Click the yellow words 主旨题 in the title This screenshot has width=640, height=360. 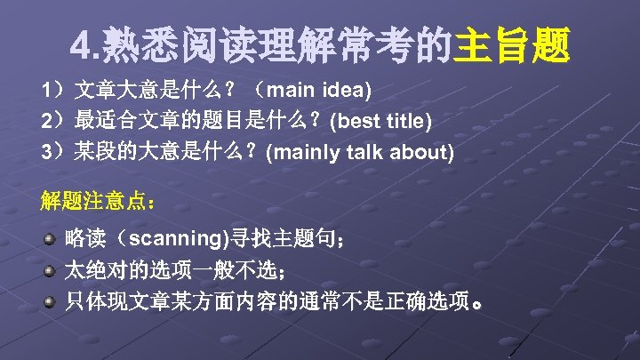click(x=512, y=45)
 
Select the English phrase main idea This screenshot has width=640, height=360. click(x=316, y=91)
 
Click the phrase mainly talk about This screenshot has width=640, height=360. click(x=360, y=151)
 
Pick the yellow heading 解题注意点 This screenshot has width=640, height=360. click(x=98, y=200)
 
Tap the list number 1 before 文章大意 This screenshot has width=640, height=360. click(x=45, y=91)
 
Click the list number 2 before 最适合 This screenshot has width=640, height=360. click(x=45, y=121)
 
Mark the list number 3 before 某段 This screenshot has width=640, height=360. click(x=45, y=151)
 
